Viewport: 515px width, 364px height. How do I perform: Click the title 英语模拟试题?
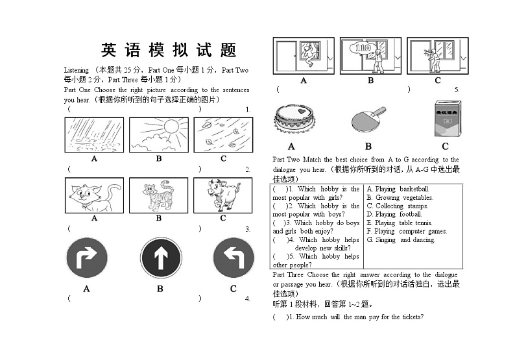[x=169, y=50]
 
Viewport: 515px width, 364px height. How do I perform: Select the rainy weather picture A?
[x=94, y=134]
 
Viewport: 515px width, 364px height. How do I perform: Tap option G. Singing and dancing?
[x=400, y=239]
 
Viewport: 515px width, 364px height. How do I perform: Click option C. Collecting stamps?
[x=397, y=206]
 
